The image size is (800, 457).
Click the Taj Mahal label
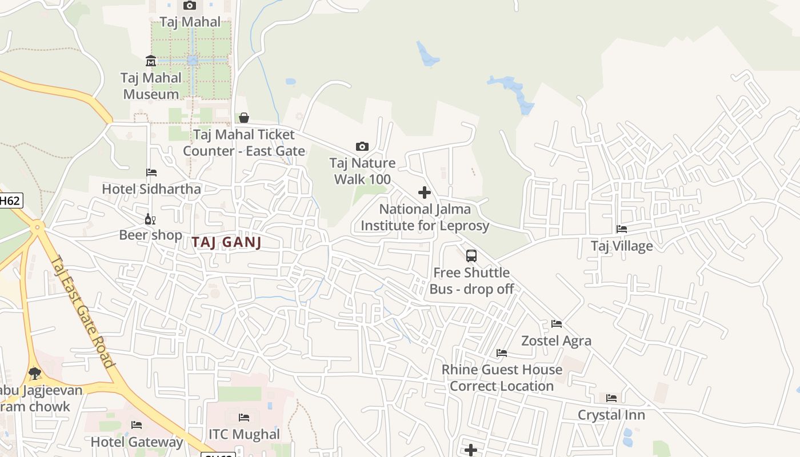[190, 22]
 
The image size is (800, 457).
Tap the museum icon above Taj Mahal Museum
[151, 61]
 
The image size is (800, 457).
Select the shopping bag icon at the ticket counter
[244, 118]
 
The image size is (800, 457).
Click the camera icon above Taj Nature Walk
[362, 146]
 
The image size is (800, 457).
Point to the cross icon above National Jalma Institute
[425, 193]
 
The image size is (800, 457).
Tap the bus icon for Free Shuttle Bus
[471, 255]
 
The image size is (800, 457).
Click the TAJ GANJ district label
[226, 242]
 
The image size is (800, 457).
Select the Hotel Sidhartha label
[151, 189]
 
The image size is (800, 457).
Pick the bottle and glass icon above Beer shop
[150, 219]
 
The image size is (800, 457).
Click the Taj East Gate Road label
[83, 311]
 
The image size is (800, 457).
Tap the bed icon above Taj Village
[622, 229]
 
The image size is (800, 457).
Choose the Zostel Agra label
[556, 341]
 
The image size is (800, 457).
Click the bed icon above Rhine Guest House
[502, 353]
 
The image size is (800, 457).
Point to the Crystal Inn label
[611, 415]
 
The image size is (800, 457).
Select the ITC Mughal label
[244, 434]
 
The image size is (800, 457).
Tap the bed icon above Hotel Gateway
[137, 425]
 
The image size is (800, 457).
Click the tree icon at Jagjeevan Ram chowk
[35, 374]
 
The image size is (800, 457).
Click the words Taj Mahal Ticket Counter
[244, 135]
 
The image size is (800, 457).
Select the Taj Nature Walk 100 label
[362, 171]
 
